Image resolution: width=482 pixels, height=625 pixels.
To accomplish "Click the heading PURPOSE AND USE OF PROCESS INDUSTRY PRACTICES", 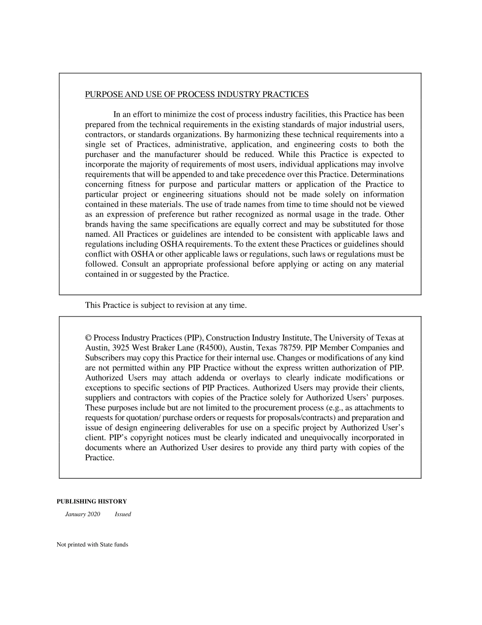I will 196,95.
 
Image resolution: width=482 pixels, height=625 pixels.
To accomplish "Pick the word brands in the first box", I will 96,225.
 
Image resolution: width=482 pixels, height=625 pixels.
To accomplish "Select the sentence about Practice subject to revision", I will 166,305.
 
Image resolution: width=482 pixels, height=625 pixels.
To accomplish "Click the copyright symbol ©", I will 88,338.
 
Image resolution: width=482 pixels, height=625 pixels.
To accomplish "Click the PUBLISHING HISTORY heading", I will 91,502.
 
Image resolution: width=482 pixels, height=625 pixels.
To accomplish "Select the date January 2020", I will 83,514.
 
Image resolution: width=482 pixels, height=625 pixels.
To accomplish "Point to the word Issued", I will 123,514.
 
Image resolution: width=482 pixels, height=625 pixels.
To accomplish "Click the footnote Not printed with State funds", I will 92,545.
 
